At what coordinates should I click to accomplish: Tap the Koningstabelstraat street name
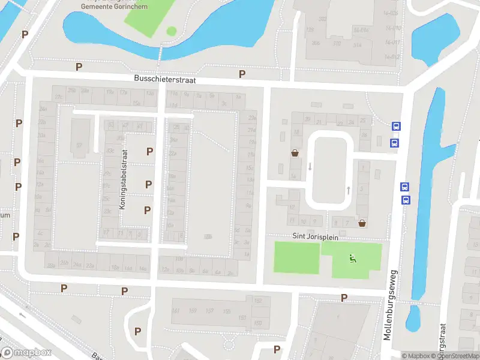click(x=124, y=179)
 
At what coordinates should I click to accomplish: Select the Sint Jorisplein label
click(x=316, y=237)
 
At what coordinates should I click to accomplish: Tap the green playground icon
click(x=353, y=259)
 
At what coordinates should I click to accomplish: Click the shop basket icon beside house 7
click(x=362, y=223)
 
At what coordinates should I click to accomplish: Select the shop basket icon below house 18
click(x=295, y=153)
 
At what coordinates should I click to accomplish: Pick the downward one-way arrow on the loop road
click(x=310, y=166)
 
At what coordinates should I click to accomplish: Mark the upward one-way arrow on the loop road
click(x=349, y=190)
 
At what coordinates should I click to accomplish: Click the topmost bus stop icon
click(x=396, y=126)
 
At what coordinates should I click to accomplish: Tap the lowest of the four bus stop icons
click(x=406, y=200)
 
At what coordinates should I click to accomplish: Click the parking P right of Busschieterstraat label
click(x=242, y=74)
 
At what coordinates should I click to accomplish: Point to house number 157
click(x=209, y=311)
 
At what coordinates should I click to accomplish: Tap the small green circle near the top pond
click(x=172, y=31)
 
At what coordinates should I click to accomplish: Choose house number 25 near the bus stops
click(x=363, y=121)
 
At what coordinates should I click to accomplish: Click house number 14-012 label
click(x=392, y=56)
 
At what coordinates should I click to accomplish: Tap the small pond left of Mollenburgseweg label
click(x=413, y=319)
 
